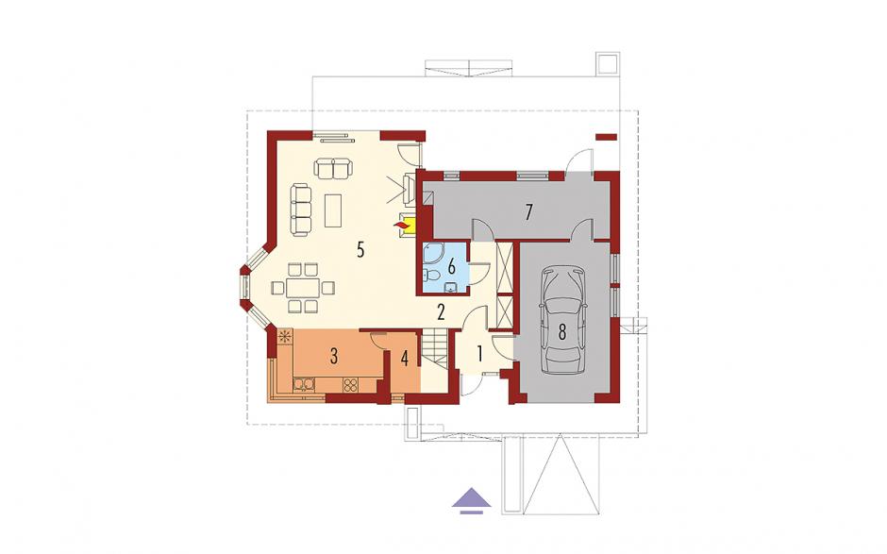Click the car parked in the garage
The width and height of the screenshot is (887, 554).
tap(561, 321)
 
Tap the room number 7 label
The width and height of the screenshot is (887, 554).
tap(529, 212)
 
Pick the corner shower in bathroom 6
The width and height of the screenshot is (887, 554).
tap(434, 254)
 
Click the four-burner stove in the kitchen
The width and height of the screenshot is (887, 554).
tap(350, 385)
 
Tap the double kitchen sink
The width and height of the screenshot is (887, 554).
tap(305, 385)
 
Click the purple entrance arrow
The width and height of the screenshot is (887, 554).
tap(471, 499)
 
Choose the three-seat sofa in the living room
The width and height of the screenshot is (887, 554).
tap(302, 210)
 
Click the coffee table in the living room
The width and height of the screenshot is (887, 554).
tap(334, 210)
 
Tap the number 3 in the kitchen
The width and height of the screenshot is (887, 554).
tap(334, 357)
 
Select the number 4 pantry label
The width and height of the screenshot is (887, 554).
tap(404, 359)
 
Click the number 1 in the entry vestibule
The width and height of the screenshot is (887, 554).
tap(479, 355)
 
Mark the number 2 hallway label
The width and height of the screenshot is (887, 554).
tap(441, 312)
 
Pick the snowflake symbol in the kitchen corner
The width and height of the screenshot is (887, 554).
tap(285, 337)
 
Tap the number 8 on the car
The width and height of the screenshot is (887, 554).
tap(561, 332)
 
